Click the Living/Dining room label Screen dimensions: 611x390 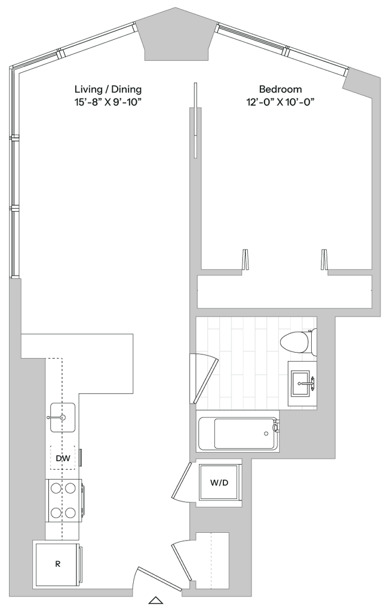[x=108, y=90]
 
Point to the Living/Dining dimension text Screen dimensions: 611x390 [x=108, y=101]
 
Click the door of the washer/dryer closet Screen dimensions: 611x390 [x=181, y=481]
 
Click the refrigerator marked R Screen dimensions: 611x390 [x=57, y=563]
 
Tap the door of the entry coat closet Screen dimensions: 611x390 [x=182, y=560]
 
